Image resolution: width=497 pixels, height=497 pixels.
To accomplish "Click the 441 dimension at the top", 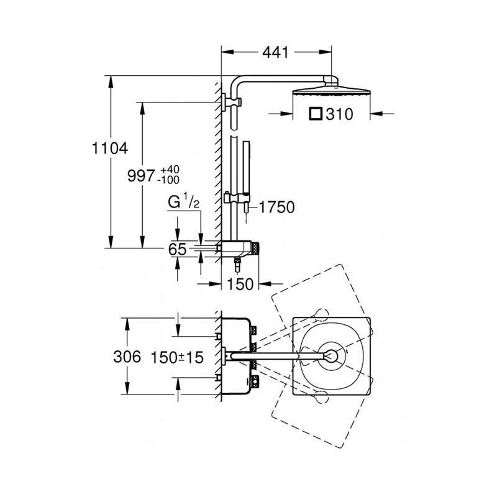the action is [x=275, y=52].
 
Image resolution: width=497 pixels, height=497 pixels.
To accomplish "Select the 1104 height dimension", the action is [x=110, y=148].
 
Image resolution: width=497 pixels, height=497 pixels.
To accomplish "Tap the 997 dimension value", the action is [x=141, y=175].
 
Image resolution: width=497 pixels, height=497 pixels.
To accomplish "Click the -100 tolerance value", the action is [x=168, y=180].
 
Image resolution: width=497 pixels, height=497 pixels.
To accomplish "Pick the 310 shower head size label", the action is [x=339, y=114].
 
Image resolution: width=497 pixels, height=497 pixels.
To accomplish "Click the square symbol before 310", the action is [x=316, y=114].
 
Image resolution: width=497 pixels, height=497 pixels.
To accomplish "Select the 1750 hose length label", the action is [x=276, y=207].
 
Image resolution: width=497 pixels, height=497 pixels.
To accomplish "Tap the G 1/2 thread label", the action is [x=184, y=203].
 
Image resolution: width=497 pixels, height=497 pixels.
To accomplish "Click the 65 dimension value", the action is [x=177, y=249].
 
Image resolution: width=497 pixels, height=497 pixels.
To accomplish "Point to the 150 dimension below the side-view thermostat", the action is [x=240, y=284].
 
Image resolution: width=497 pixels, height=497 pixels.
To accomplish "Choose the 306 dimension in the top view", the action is [x=127, y=357].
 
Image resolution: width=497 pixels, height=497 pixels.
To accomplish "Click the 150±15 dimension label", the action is [x=177, y=358].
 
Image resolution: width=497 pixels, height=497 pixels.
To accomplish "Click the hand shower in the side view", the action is [x=246, y=178].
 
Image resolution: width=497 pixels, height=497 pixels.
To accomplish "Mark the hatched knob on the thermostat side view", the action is [x=255, y=248].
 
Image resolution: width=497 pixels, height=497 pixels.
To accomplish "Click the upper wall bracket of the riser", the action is [x=231, y=102].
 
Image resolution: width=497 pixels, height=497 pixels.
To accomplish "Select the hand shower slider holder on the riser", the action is [x=237, y=198].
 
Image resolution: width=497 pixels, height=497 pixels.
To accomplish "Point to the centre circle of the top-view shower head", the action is [x=332, y=355].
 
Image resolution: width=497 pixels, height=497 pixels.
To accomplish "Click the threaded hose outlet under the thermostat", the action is [x=237, y=265].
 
